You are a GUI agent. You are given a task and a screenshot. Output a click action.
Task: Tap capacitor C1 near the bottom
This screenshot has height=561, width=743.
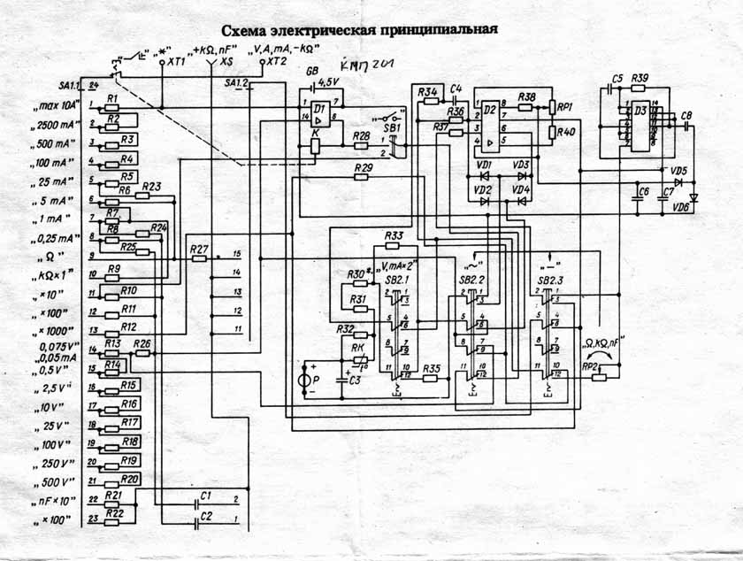[x=204, y=503]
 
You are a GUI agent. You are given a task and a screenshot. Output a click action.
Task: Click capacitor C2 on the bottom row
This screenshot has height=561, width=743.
[x=204, y=521]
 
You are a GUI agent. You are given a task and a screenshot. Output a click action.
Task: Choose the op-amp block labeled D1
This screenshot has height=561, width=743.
[x=319, y=115]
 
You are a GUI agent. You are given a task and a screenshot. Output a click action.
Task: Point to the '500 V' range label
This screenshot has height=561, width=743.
[x=55, y=482]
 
